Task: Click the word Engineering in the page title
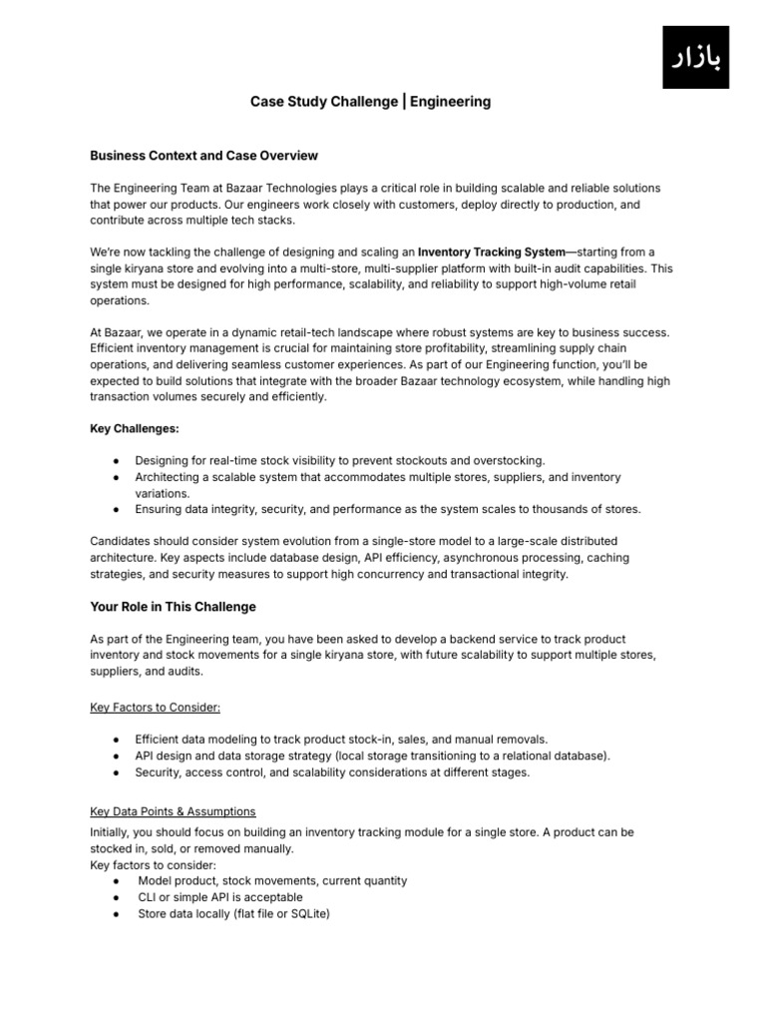(x=450, y=102)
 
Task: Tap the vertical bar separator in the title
(x=403, y=102)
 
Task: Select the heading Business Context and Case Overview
(x=204, y=156)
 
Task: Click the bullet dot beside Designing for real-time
(x=118, y=461)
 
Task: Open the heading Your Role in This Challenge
(x=174, y=607)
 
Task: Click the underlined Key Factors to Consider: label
(x=155, y=707)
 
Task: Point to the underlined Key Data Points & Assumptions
(x=173, y=811)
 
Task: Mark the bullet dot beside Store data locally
(x=118, y=912)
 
